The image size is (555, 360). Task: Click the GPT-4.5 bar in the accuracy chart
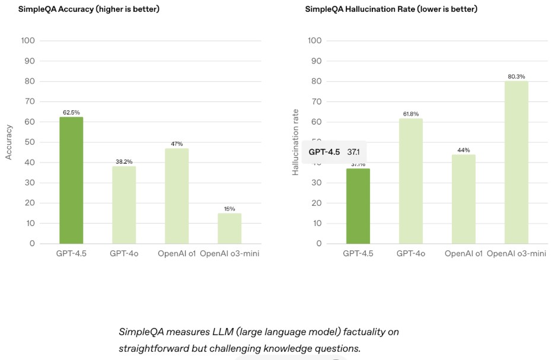(71, 180)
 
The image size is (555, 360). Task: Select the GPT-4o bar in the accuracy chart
(124, 205)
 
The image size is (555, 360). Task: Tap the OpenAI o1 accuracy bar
(177, 196)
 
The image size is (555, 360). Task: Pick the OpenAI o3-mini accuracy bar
(229, 228)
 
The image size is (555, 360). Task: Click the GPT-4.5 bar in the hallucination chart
(358, 206)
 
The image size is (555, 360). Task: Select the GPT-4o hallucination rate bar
(410, 181)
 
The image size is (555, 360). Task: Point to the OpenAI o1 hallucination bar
(463, 199)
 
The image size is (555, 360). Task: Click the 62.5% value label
(71, 112)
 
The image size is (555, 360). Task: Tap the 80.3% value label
(516, 77)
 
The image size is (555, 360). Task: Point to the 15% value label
(229, 209)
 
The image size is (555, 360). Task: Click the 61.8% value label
(410, 114)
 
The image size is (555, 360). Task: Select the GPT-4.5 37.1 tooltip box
(334, 152)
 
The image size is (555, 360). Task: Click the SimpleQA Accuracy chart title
(88, 9)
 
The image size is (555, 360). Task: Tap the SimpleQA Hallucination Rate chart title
(391, 9)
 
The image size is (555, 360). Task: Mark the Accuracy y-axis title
(9, 142)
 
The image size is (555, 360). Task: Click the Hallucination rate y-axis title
(295, 142)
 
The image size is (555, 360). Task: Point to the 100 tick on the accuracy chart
(28, 41)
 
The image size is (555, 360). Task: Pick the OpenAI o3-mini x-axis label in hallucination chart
(515, 254)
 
